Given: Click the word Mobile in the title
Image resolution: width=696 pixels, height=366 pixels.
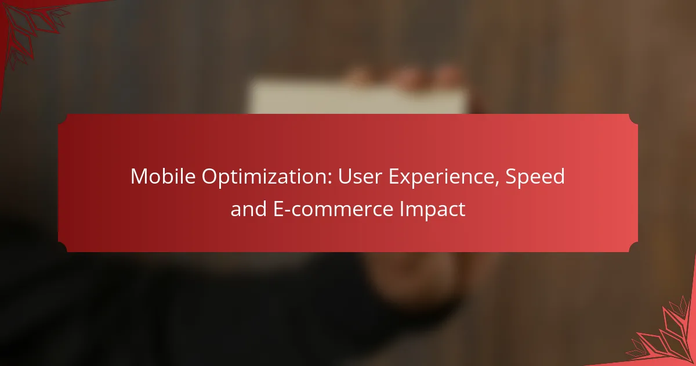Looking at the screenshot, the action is pos(163,176).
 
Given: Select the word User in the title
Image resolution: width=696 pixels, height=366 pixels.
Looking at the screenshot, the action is pos(360,176).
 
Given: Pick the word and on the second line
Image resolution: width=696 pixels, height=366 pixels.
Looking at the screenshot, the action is pos(249,209).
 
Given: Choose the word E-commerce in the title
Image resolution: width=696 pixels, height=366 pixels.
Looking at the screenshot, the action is pos(333,209).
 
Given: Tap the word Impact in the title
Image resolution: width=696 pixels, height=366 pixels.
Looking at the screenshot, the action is pos(432,210).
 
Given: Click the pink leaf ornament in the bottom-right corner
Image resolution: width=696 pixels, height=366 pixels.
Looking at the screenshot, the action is pos(665,336).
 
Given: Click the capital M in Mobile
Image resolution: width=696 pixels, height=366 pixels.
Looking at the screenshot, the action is pos(139,177).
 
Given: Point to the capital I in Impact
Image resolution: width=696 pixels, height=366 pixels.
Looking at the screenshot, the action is pos(401,209).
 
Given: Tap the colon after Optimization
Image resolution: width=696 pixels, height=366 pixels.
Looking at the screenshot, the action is pos(329,179).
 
